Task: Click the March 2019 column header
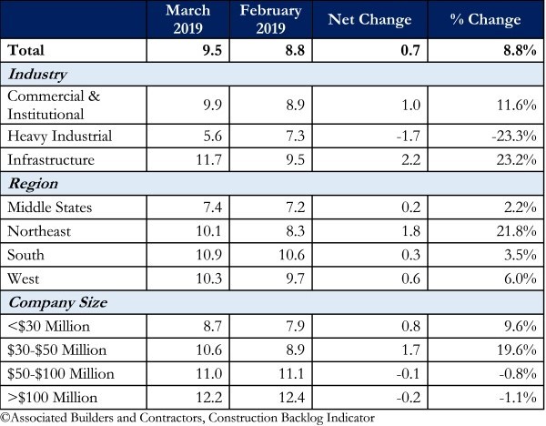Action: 187,18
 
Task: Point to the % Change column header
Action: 487,19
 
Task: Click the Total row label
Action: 26,51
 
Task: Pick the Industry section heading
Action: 37,75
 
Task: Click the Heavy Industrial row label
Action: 59,136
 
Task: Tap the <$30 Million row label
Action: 47,325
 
